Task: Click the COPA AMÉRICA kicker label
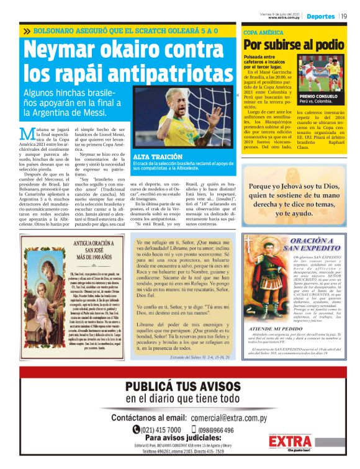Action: [x=259, y=31]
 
